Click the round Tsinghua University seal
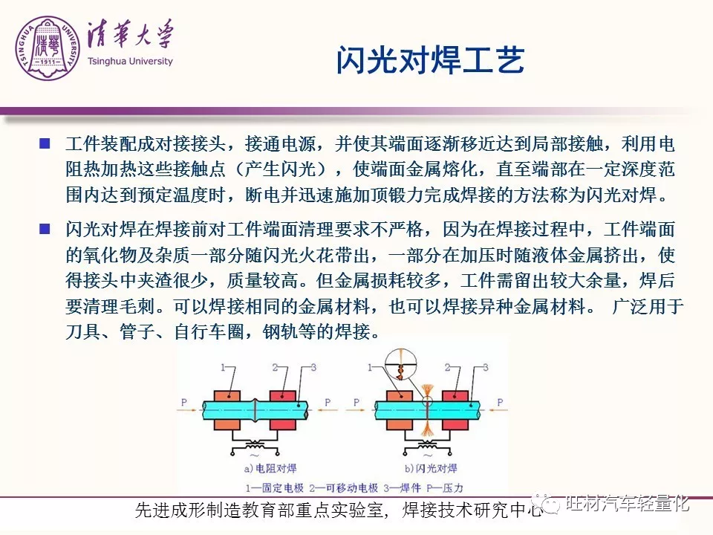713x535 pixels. click(x=48, y=48)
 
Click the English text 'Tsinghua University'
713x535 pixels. click(x=130, y=61)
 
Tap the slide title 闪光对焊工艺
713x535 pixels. click(x=430, y=59)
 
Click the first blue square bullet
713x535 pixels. click(x=45, y=143)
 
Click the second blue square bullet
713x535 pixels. click(x=45, y=228)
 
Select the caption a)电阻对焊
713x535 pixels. click(x=270, y=468)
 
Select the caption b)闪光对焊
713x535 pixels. click(x=431, y=468)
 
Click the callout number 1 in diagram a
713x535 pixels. click(x=224, y=367)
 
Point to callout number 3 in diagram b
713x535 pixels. click(x=486, y=367)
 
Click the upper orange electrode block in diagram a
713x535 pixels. click(x=227, y=395)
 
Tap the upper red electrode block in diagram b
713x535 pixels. click(x=455, y=395)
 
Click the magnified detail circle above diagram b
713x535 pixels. click(x=401, y=366)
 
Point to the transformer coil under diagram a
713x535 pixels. click(x=255, y=444)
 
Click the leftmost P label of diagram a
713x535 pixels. click(x=183, y=402)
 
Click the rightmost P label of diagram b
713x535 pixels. click(x=500, y=402)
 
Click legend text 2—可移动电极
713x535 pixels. click(x=343, y=488)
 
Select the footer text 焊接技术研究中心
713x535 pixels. click(x=473, y=510)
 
